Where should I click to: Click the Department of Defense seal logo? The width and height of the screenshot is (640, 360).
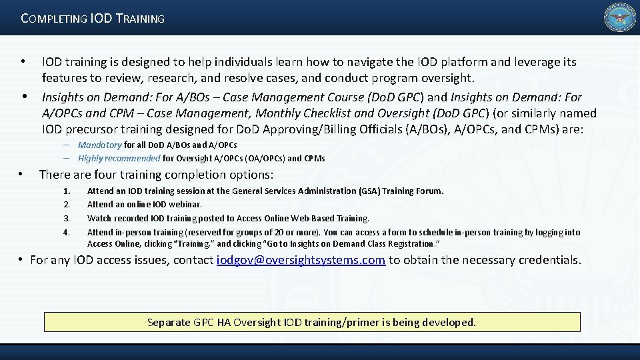point(619,18)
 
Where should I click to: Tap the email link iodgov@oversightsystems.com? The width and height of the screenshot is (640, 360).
point(301,260)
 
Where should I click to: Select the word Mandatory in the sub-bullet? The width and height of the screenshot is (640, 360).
point(99,145)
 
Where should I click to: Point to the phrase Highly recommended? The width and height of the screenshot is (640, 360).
point(119,159)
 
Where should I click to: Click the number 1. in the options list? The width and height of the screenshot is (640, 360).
point(66,191)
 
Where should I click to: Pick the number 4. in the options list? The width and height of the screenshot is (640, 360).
point(66,233)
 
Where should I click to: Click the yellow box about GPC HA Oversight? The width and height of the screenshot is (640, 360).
point(312,322)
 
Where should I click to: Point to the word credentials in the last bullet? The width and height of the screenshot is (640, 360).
point(547,260)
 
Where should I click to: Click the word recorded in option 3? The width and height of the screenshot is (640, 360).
point(129,219)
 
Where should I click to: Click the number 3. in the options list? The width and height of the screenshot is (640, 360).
point(66,219)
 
